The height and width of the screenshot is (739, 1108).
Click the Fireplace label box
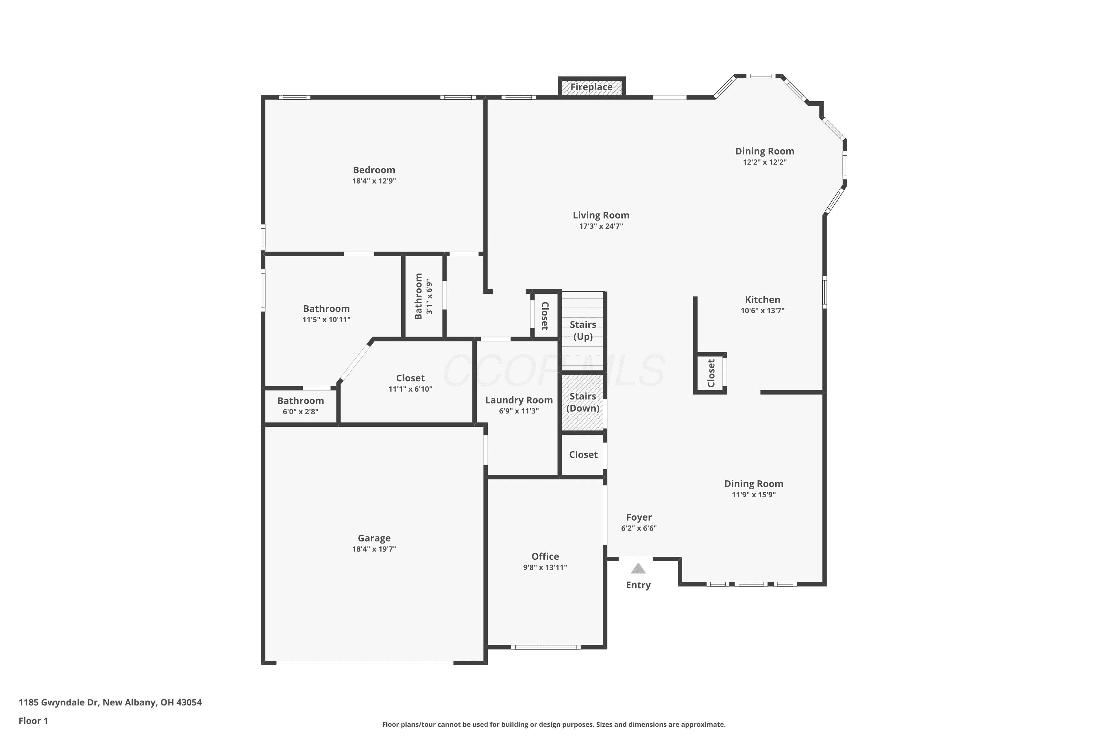tap(591, 87)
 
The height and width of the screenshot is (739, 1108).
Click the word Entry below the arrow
tap(638, 585)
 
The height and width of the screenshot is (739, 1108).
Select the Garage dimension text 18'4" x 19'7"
tap(374, 549)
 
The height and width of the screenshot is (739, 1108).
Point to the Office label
tap(545, 556)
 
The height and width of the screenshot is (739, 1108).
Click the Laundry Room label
tap(519, 400)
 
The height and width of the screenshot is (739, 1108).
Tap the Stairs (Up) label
tap(583, 330)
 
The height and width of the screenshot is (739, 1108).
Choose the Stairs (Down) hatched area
tap(583, 402)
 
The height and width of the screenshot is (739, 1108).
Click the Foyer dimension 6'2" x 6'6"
tap(639, 528)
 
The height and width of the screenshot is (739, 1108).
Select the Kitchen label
tap(762, 300)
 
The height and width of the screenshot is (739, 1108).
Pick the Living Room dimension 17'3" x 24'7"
tap(601, 226)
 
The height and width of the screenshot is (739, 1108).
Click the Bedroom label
tap(374, 170)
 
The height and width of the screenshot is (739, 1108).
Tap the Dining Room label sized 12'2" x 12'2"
tap(765, 151)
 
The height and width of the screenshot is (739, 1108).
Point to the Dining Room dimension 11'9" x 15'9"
tap(754, 495)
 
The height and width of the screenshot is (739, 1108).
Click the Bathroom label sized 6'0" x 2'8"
tap(301, 401)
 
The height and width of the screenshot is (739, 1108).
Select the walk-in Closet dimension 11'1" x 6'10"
tap(410, 389)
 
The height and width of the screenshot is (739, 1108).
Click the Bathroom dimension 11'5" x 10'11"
tap(326, 320)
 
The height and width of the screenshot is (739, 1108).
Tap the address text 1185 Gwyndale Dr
tap(58, 702)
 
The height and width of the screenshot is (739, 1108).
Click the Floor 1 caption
tap(33, 721)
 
